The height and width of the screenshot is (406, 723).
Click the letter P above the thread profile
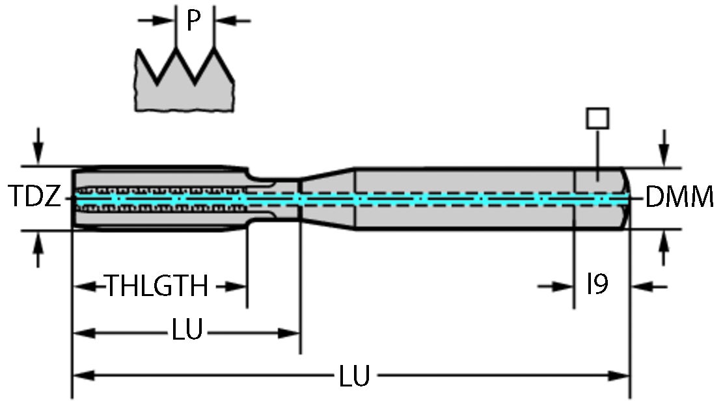coord(193,21)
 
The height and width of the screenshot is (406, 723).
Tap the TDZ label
coord(33,197)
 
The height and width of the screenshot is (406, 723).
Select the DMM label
coord(679,197)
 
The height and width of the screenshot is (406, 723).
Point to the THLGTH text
coord(157,286)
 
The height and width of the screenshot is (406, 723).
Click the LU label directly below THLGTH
coord(187,332)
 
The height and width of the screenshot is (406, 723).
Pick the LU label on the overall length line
coord(355,376)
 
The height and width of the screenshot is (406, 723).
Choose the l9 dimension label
coord(597,285)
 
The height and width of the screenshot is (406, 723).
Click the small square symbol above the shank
coord(597,118)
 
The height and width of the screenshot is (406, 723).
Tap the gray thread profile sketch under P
coord(185,88)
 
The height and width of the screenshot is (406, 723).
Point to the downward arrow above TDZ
coord(39,146)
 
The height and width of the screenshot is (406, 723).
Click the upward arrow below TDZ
coord(39,249)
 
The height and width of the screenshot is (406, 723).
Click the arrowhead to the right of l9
coord(648,286)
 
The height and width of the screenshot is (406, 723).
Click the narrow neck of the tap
coord(273,199)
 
